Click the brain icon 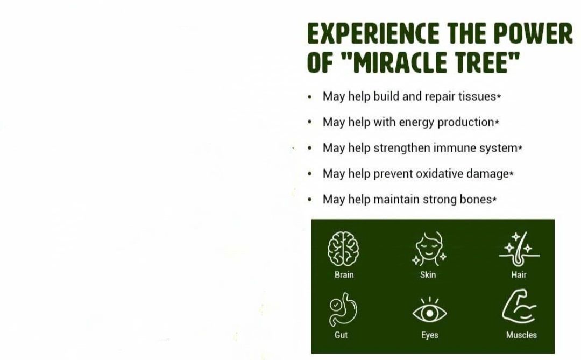(x=343, y=249)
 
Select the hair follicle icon (x=519, y=249)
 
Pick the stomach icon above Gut (x=343, y=309)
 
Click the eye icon (x=429, y=310)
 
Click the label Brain (x=344, y=275)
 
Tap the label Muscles (x=521, y=335)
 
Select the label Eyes (x=429, y=336)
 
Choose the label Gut (x=341, y=335)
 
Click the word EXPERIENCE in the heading (x=373, y=33)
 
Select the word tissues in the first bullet (x=477, y=96)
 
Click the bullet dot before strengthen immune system (x=310, y=149)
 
